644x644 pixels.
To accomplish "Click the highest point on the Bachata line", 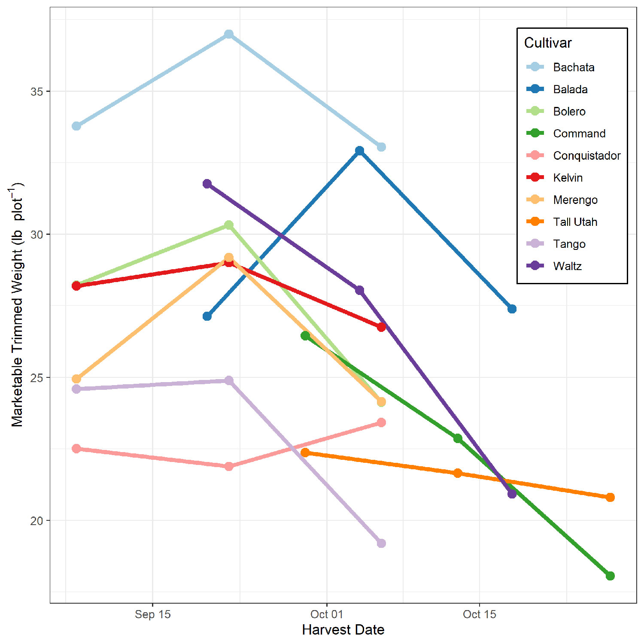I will click(x=229, y=34).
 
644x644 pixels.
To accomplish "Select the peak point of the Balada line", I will click(x=360, y=151).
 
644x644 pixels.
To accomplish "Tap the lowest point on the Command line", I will click(x=610, y=576).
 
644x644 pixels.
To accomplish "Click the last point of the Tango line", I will click(x=381, y=543).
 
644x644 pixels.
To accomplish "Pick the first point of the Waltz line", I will click(x=207, y=184).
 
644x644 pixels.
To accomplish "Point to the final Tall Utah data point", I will click(x=610, y=497).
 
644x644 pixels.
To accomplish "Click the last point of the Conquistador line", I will click(x=381, y=422).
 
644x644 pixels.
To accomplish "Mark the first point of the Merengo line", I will click(x=76, y=379).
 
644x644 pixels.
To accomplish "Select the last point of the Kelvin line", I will click(x=381, y=327).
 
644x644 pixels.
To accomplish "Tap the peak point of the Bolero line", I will click(x=229, y=225).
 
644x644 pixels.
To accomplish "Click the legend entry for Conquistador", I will click(x=586, y=155).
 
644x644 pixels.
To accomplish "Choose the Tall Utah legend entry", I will click(x=575, y=222).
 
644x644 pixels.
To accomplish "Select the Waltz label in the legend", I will click(x=567, y=266).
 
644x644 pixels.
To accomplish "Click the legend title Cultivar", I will click(x=548, y=43).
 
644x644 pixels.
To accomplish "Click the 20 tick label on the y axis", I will click(x=37, y=521).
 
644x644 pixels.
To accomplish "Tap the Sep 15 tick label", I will click(x=152, y=614).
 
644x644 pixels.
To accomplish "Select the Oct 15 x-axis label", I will click(x=479, y=614).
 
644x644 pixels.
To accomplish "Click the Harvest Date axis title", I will click(x=343, y=630).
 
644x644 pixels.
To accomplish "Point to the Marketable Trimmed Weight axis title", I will click(x=17, y=305).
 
